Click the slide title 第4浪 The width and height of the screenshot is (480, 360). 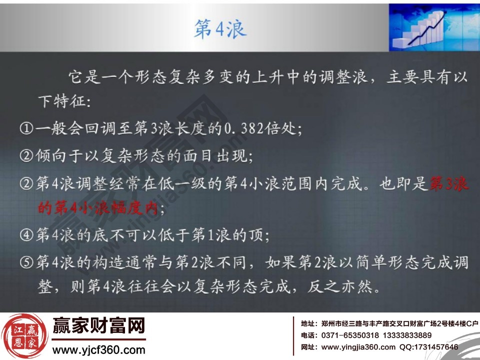[x=220, y=29]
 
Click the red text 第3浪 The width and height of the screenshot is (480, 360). [x=449, y=184]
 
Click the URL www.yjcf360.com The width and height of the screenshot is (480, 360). [x=98, y=349]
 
